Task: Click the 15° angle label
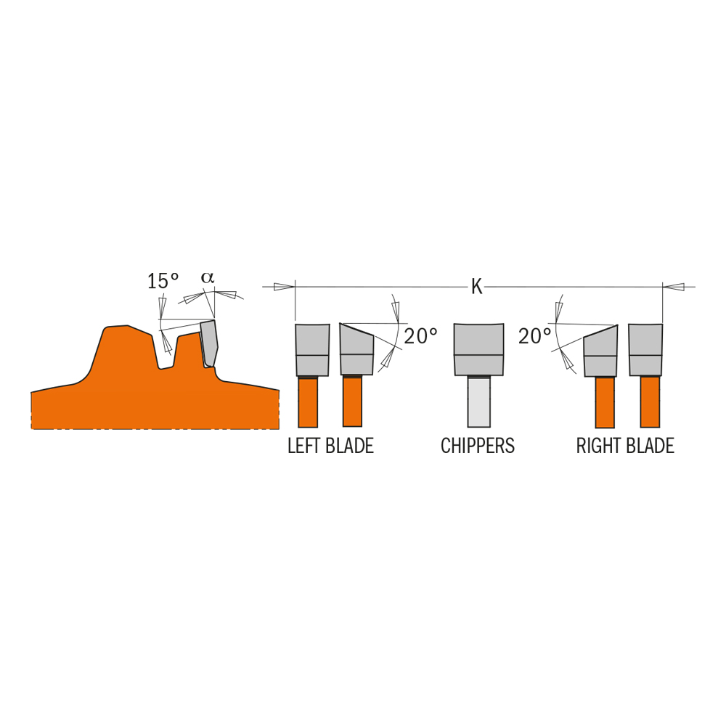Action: click(163, 281)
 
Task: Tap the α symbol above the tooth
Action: click(208, 277)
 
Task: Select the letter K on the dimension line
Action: click(476, 287)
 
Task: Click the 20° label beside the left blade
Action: click(420, 336)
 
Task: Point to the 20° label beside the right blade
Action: click(535, 336)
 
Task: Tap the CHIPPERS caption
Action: click(478, 446)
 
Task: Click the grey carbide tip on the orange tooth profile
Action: click(209, 343)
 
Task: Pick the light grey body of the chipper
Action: click(478, 401)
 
